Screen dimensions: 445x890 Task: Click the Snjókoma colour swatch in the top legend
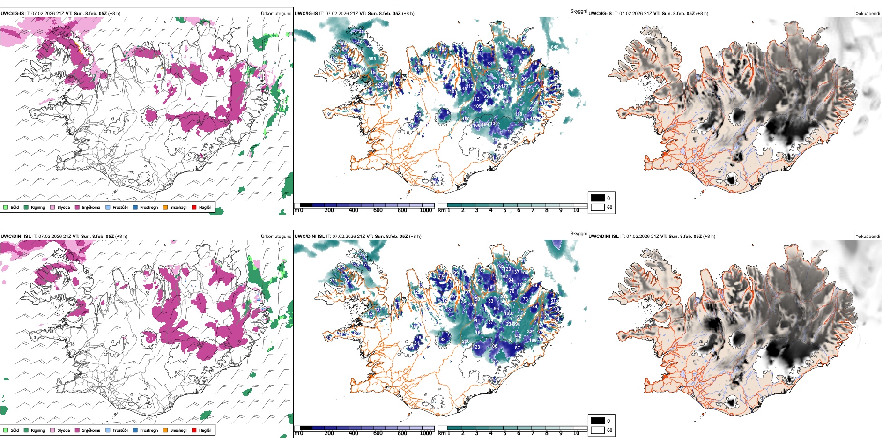[x=77, y=207]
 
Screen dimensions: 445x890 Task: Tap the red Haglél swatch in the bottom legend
[x=194, y=430]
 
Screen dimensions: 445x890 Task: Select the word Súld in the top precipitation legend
[x=15, y=208]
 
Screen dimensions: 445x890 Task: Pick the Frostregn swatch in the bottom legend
[x=135, y=430]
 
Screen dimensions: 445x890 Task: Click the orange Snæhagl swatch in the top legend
[x=165, y=207]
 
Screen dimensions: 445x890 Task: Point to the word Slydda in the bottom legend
[x=64, y=430]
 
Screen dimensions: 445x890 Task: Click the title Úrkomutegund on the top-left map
[x=276, y=13]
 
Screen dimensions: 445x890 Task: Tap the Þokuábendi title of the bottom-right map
[x=868, y=237]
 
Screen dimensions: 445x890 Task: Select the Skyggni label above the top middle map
[x=578, y=11]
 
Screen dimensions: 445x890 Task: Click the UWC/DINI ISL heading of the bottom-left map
[x=15, y=237]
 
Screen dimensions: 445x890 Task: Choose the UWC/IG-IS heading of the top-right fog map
[x=600, y=14]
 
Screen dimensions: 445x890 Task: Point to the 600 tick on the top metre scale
[x=378, y=210]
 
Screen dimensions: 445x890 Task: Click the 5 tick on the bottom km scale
[x=504, y=433]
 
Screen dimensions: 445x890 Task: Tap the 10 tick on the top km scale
[x=576, y=210]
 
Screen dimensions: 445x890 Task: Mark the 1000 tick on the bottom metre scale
[x=426, y=433]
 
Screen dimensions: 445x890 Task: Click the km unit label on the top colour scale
[x=442, y=210]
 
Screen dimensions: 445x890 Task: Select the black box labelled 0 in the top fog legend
[x=598, y=198]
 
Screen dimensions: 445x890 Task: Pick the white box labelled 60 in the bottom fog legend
[x=598, y=430]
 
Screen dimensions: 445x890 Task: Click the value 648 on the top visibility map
[x=555, y=47]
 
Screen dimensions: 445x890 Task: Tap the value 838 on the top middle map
[x=372, y=59]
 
